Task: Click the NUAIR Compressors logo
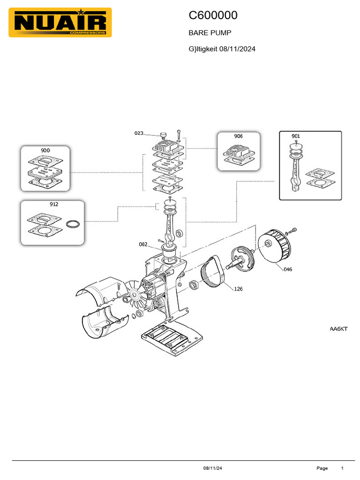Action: coord(60,22)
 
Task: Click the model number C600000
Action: coord(213,15)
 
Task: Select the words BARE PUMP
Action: coord(210,33)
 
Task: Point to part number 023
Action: coord(139,133)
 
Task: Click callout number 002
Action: coord(143,244)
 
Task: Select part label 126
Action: coord(238,289)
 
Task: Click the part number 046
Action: coord(287,270)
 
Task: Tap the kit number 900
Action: coord(45,150)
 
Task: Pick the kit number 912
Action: coord(54,204)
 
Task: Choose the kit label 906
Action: coord(238,136)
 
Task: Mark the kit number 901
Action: coord(295,136)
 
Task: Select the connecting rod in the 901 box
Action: coord(295,171)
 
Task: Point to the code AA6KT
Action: coord(338,329)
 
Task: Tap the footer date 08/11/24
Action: coord(212,468)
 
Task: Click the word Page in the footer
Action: coord(322,468)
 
